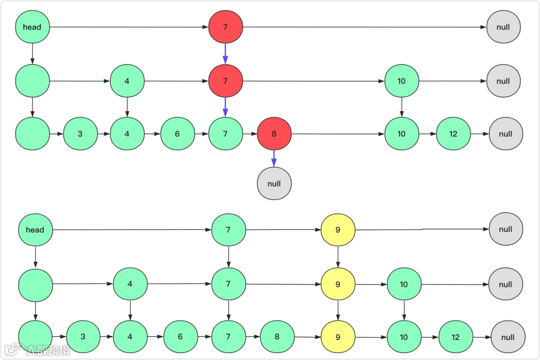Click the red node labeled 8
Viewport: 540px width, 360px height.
274,134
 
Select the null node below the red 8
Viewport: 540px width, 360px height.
274,183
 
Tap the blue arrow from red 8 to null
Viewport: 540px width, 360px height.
274,158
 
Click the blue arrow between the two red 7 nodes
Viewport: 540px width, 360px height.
225,53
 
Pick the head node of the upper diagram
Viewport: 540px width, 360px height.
32,27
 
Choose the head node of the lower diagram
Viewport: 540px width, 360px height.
35,230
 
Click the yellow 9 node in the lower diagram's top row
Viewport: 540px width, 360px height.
338,230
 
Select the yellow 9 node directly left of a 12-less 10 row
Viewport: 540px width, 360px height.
338,284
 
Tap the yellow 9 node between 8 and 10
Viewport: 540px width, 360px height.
338,337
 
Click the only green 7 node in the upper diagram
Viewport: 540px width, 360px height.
225,134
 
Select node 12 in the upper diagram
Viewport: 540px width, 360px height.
453,134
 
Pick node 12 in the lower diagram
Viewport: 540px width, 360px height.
455,337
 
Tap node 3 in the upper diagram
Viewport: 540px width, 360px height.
80,134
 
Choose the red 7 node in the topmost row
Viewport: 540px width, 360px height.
225,27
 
